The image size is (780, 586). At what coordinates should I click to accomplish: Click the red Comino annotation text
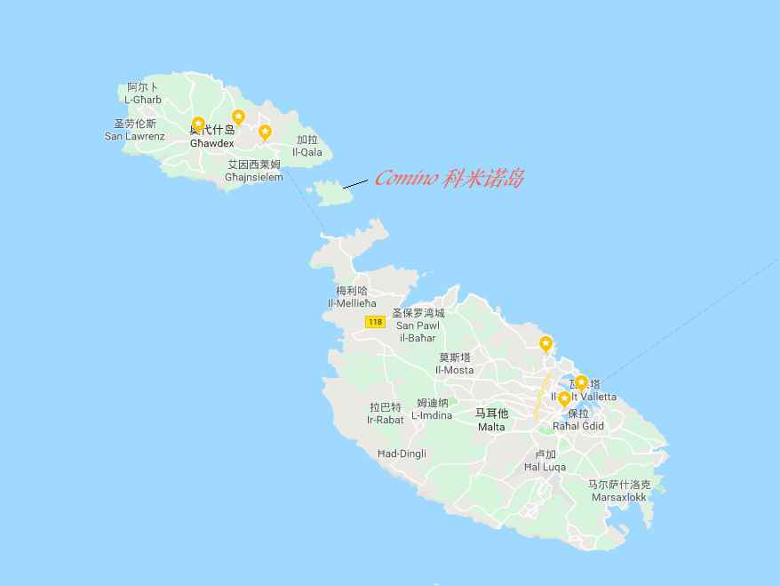click(450, 179)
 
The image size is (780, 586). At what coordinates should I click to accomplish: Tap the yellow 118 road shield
click(376, 322)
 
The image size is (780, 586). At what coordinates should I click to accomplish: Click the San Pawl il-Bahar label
click(418, 325)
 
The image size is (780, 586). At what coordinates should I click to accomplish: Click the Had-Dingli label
click(402, 454)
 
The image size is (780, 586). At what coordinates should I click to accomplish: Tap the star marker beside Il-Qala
click(265, 132)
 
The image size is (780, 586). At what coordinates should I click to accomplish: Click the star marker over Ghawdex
click(198, 124)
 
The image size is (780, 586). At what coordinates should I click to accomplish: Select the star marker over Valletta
click(582, 383)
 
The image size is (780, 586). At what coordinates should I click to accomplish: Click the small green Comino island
click(332, 191)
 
